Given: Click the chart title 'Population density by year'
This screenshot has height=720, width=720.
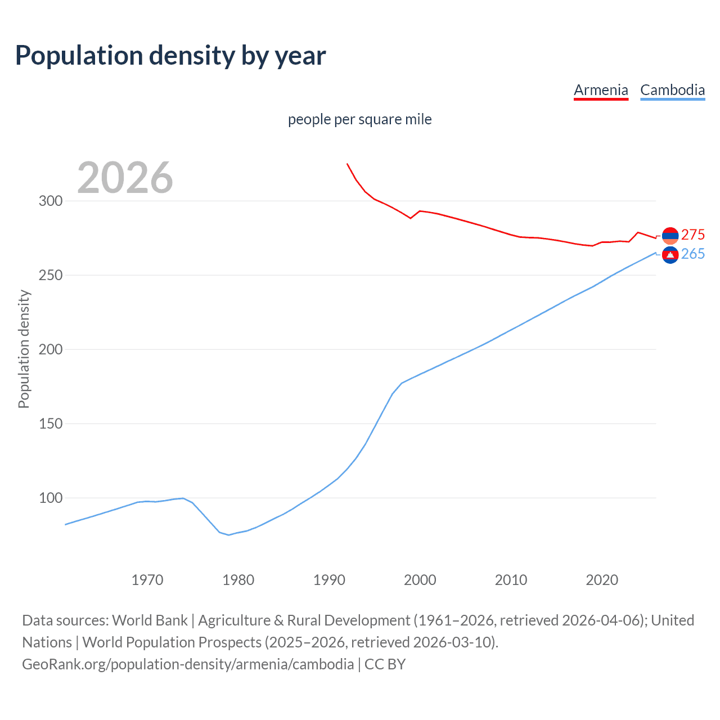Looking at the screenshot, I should [170, 56].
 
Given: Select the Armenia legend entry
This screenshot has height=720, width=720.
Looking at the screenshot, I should [601, 90].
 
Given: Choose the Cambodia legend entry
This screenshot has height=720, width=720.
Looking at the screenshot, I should [672, 90].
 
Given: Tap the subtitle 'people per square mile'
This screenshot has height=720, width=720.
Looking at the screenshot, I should [360, 119].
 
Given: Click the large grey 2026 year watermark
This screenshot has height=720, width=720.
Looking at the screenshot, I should [125, 178].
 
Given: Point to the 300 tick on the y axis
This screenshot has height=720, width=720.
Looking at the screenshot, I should [51, 201].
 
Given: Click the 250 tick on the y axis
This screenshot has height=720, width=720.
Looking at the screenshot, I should [51, 275].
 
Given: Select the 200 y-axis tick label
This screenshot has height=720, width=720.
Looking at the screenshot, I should [51, 349].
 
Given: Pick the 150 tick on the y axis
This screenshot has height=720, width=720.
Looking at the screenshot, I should [51, 424].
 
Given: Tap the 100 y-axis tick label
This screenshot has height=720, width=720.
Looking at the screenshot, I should [51, 498].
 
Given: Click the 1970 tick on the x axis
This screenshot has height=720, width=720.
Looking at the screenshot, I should [147, 579].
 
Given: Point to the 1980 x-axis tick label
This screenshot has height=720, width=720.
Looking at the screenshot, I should [238, 579].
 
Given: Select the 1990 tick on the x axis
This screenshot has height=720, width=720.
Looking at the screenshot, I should [329, 579].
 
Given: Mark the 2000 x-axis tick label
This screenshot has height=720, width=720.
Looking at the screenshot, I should [420, 579].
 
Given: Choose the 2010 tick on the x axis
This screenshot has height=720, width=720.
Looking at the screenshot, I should [511, 579].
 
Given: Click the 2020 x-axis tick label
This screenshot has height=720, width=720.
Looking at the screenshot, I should [602, 579].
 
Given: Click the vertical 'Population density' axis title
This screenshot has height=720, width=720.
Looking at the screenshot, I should [24, 349].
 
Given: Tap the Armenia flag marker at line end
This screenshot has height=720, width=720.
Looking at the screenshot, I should [670, 236].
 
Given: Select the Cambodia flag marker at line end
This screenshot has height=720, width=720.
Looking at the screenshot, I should [670, 255].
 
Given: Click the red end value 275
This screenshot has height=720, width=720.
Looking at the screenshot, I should [693, 235].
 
